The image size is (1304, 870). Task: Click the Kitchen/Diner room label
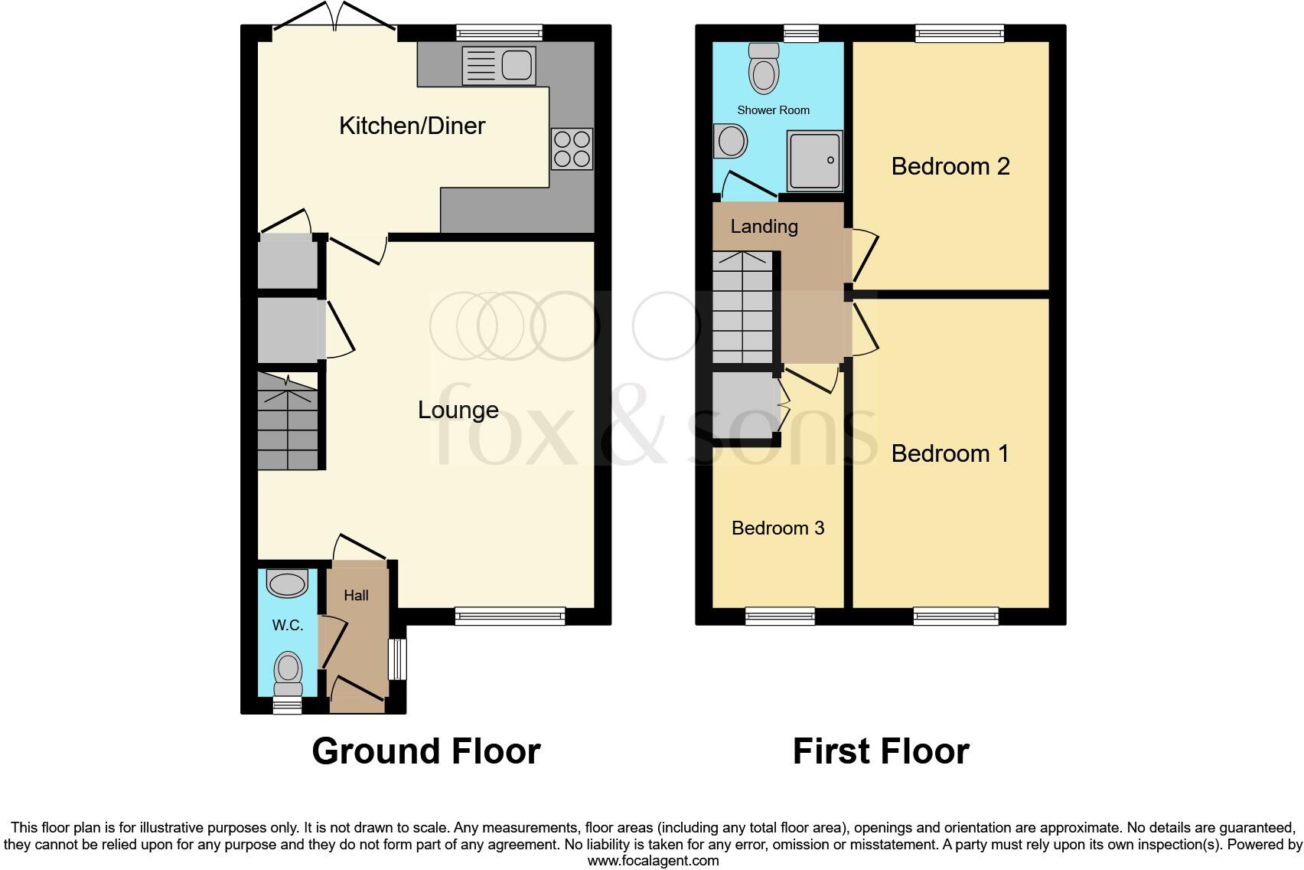[412, 126]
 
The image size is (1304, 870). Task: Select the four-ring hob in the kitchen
[572, 149]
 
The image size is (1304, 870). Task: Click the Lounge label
[458, 410]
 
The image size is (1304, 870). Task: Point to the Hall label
[356, 595]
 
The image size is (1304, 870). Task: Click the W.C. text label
[288, 625]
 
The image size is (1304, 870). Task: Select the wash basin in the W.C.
[287, 584]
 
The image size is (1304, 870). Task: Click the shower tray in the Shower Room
[815, 161]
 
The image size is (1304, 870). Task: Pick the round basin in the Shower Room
[731, 142]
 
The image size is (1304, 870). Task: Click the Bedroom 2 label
[950, 166]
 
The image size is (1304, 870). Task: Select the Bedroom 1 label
[950, 453]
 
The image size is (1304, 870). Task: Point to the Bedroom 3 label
[778, 528]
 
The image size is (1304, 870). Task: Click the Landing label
[764, 226]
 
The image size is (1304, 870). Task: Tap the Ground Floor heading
[426, 751]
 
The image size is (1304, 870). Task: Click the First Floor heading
[881, 751]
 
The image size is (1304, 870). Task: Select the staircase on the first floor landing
[742, 306]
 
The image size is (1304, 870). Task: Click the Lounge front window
[510, 616]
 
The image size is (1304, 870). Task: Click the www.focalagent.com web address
[653, 860]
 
